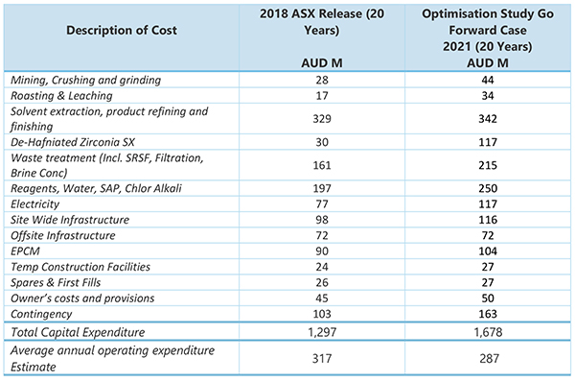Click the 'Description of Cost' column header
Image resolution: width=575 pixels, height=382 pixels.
click(x=122, y=30)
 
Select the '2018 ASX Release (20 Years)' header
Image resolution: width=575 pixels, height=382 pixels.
click(x=322, y=22)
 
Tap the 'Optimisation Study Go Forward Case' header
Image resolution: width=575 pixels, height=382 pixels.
click(x=488, y=22)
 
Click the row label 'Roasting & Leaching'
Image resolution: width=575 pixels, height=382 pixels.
click(x=61, y=96)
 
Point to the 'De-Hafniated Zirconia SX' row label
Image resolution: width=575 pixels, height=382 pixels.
click(x=73, y=142)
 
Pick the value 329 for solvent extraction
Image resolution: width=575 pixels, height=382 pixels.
click(x=322, y=119)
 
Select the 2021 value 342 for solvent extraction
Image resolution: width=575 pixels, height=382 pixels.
click(x=488, y=119)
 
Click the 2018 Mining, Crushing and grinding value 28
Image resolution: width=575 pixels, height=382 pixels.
click(x=322, y=80)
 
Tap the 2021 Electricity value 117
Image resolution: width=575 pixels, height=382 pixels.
click(x=488, y=204)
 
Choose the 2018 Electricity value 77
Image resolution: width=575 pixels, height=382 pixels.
click(x=322, y=204)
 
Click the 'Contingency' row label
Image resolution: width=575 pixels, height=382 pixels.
click(x=41, y=315)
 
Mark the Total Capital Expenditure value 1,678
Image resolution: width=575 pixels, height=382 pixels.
click(x=488, y=332)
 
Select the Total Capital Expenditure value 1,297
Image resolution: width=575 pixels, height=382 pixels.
click(x=322, y=332)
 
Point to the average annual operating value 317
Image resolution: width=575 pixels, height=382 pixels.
click(x=322, y=359)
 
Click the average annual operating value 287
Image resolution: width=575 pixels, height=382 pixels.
click(x=489, y=359)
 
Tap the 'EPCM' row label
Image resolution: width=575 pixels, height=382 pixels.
click(x=25, y=251)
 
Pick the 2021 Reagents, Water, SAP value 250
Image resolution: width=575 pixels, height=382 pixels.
click(x=488, y=189)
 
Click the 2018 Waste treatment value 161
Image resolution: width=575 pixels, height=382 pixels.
click(x=322, y=166)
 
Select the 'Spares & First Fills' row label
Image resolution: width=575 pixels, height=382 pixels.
click(x=56, y=283)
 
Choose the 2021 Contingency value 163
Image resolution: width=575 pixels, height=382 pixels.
click(x=488, y=315)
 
